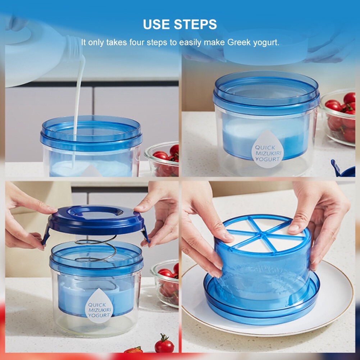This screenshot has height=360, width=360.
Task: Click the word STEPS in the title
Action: [195, 24]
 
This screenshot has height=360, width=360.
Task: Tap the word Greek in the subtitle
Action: [239, 42]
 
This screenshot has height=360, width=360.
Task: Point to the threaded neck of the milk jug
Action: [73, 49]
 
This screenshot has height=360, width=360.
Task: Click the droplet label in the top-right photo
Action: [268, 149]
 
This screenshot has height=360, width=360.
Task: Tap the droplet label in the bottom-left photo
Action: [99, 306]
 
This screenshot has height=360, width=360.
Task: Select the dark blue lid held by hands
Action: [96, 220]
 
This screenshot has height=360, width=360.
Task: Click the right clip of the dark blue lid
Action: [145, 234]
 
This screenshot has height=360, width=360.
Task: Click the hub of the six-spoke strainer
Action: [262, 234]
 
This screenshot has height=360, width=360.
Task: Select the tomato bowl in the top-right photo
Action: [338, 117]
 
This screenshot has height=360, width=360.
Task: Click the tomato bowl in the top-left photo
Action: [162, 159]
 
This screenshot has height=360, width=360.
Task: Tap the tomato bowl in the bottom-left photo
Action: [165, 283]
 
